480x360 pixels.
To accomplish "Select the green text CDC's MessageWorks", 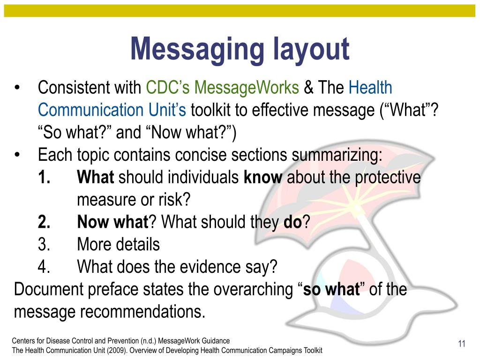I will (222, 88).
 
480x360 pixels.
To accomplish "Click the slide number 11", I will (461, 345).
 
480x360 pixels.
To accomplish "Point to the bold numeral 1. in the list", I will (45, 178).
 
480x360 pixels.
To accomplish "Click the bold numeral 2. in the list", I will (45, 222).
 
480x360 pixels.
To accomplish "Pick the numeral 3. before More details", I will (45, 244).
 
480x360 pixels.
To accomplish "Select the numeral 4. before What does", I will (45, 267).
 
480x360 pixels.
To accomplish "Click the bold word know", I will (263, 178).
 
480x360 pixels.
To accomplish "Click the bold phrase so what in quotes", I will (331, 289).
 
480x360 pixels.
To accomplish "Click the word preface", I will (112, 289).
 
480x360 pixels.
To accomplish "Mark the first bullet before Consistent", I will (17, 88).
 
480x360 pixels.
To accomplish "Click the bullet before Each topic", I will (17, 155).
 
